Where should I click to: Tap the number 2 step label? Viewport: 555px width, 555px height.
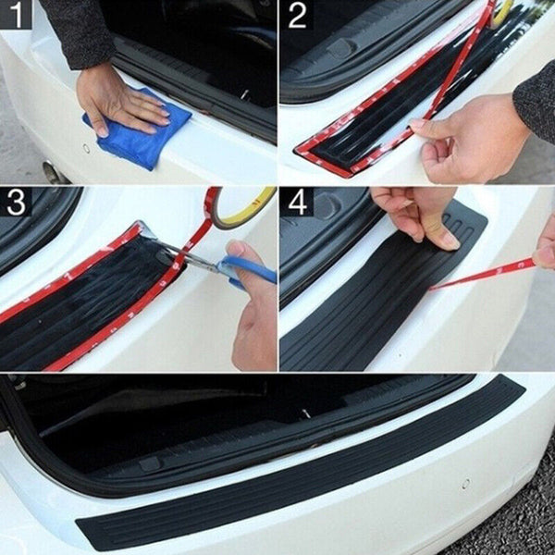pyautogui.click(x=297, y=15)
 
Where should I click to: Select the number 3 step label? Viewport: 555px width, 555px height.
pyautogui.click(x=16, y=202)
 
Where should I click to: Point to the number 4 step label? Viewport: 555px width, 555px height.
pyautogui.click(x=297, y=202)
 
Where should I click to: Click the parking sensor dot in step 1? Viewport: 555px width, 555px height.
pyautogui.click(x=85, y=148)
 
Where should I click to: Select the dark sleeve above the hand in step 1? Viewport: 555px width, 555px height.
pyautogui.click(x=78, y=33)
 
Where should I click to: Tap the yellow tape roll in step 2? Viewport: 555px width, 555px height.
pyautogui.click(x=504, y=12)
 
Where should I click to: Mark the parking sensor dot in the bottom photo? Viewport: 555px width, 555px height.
pyautogui.click(x=465, y=483)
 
